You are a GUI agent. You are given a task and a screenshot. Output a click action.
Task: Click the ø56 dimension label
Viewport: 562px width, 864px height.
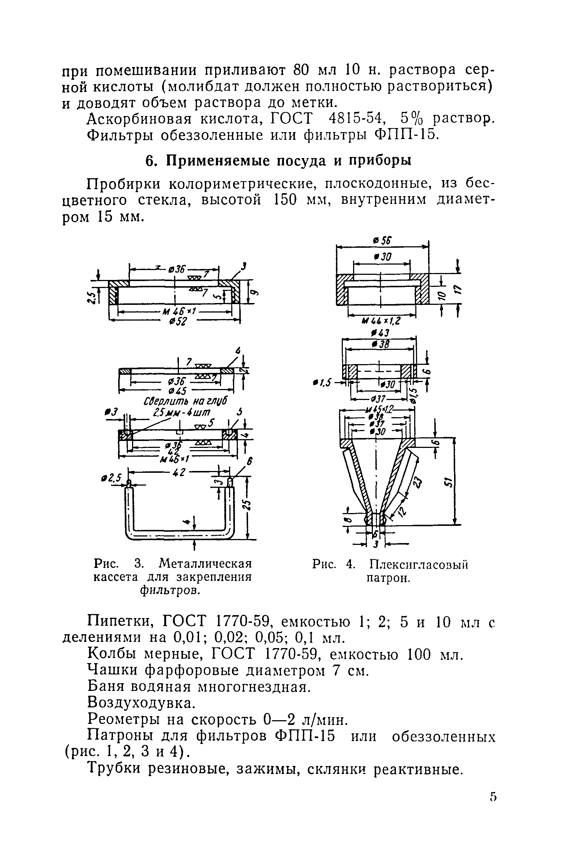382,241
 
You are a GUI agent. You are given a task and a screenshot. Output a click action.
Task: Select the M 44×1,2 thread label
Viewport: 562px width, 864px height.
381,321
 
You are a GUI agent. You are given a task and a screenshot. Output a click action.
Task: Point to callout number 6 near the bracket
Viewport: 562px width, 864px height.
250,462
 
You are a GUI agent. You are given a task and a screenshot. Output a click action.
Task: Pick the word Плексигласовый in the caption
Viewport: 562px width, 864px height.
419,565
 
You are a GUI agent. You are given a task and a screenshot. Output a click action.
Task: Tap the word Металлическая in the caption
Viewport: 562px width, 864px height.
206,563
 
